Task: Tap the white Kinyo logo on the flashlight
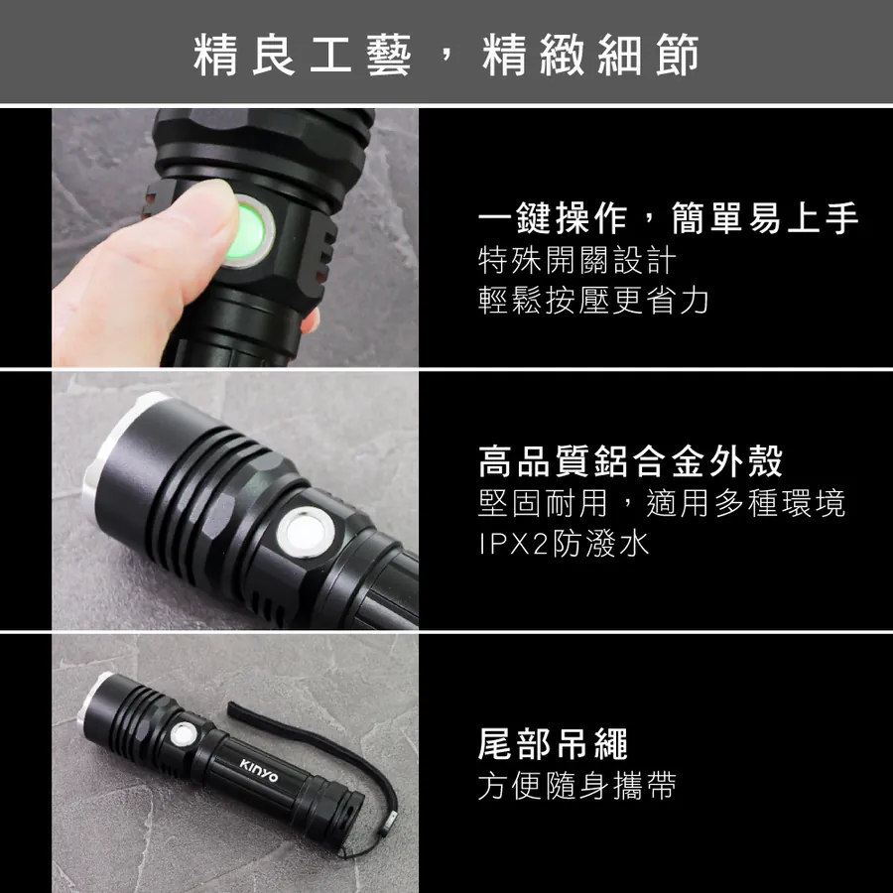point(259,770)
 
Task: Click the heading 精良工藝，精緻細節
point(446,55)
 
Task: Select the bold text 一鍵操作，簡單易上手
point(668,218)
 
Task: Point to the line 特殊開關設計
point(577,260)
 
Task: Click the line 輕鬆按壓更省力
point(593,300)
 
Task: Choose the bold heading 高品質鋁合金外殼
point(631,461)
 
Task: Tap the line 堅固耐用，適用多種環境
point(662,503)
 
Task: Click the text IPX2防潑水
point(564,544)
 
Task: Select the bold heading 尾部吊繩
point(553,744)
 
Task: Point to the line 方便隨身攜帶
point(576,786)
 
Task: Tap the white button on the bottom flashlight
point(184,734)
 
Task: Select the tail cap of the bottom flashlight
point(336,816)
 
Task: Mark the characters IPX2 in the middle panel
point(513,545)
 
